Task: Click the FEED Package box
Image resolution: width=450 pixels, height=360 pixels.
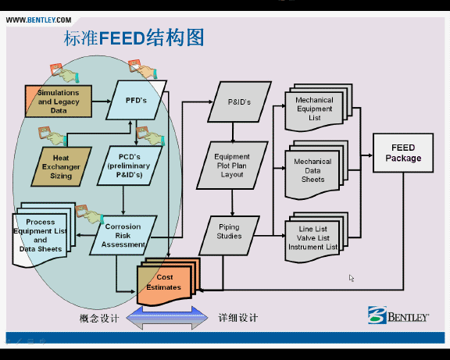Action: pos(403,153)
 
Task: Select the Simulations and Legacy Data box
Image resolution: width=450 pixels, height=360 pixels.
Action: pos(59,102)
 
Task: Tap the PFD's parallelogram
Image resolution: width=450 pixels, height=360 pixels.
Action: pos(136,100)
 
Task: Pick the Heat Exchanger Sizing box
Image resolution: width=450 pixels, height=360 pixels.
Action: pos(61,166)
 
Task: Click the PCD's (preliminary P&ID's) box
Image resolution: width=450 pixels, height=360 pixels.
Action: pos(130,166)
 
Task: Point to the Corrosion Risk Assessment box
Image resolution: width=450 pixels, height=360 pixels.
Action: pos(123,235)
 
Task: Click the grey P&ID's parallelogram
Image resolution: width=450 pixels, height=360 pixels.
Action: pos(239,102)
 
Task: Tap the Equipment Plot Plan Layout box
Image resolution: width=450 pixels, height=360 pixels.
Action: pos(232,166)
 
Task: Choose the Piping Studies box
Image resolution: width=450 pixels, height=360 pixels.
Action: pos(229,236)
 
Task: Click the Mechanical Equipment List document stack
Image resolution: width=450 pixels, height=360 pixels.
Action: pos(319,108)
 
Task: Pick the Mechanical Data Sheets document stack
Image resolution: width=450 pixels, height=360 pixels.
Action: pos(316,169)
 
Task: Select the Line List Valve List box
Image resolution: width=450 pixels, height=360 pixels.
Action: pos(316,237)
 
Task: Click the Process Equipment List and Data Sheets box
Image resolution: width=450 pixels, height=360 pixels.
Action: pos(44,234)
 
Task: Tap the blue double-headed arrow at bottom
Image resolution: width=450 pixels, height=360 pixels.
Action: pos(167,318)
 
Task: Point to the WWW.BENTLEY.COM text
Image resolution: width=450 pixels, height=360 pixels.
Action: pos(39,20)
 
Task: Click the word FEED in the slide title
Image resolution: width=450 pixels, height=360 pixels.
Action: pos(122,37)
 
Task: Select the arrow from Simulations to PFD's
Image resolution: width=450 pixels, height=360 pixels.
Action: pos(102,102)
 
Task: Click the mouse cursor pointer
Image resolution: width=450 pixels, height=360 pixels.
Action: pos(352,278)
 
